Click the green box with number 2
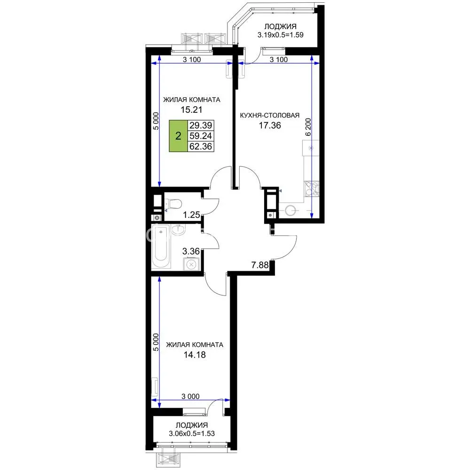point(178,136)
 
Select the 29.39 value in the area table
point(201,125)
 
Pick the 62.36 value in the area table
point(201,146)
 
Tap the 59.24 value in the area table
point(201,136)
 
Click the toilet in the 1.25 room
point(174,204)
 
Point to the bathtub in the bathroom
point(161,246)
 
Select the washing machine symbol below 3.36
point(192,264)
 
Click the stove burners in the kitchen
point(312,189)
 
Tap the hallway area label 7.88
point(259,265)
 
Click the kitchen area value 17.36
point(270,125)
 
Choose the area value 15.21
point(191,110)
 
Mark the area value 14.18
point(195,355)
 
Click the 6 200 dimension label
point(308,127)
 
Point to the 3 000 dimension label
point(190,396)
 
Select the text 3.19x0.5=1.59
point(280,35)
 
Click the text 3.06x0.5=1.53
point(192,433)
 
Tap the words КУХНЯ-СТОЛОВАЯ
point(270,116)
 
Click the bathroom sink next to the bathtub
point(179,230)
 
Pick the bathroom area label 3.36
point(191,251)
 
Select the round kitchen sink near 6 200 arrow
point(290,210)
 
